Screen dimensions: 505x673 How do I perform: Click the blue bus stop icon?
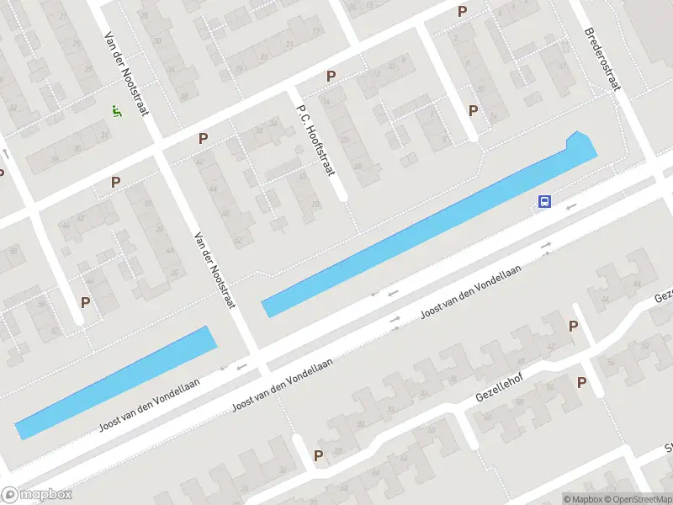(x=544, y=202)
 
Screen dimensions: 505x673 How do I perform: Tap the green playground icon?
(x=115, y=110)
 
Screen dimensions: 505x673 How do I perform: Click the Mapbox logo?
(x=37, y=495)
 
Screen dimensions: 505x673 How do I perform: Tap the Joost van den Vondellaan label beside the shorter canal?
(x=150, y=404)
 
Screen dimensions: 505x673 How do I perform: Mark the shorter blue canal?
(x=116, y=382)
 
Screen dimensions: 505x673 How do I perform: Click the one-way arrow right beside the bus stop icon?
(x=572, y=205)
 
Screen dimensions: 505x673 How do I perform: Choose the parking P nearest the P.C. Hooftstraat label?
(x=331, y=76)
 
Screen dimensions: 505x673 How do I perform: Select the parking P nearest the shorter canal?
(x=85, y=301)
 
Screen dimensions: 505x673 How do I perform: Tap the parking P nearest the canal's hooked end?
(x=474, y=110)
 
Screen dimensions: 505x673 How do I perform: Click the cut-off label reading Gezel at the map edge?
(x=664, y=296)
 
